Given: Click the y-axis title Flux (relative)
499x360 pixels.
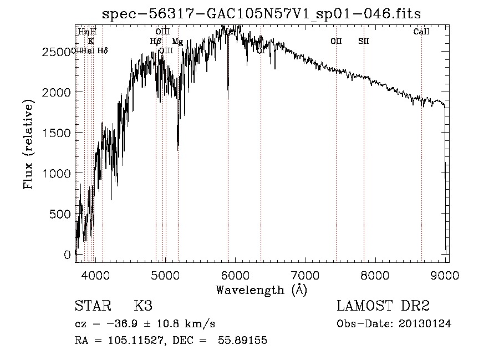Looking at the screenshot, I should (28, 144).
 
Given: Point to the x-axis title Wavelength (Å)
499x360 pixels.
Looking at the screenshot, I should (261, 290).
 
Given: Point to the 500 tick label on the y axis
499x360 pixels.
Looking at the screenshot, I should (62, 214).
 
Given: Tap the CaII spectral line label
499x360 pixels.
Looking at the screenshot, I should (421, 32).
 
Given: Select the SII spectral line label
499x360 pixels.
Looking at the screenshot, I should (364, 41).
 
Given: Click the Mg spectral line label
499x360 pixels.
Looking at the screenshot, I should (177, 42).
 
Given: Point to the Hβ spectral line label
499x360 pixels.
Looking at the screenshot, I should (156, 41).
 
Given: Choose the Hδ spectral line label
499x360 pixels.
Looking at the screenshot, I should (103, 50).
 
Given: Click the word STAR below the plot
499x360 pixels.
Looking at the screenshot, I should (92, 306).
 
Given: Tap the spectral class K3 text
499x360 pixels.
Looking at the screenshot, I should (143, 306).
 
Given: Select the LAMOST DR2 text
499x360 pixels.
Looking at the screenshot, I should (383, 306).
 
